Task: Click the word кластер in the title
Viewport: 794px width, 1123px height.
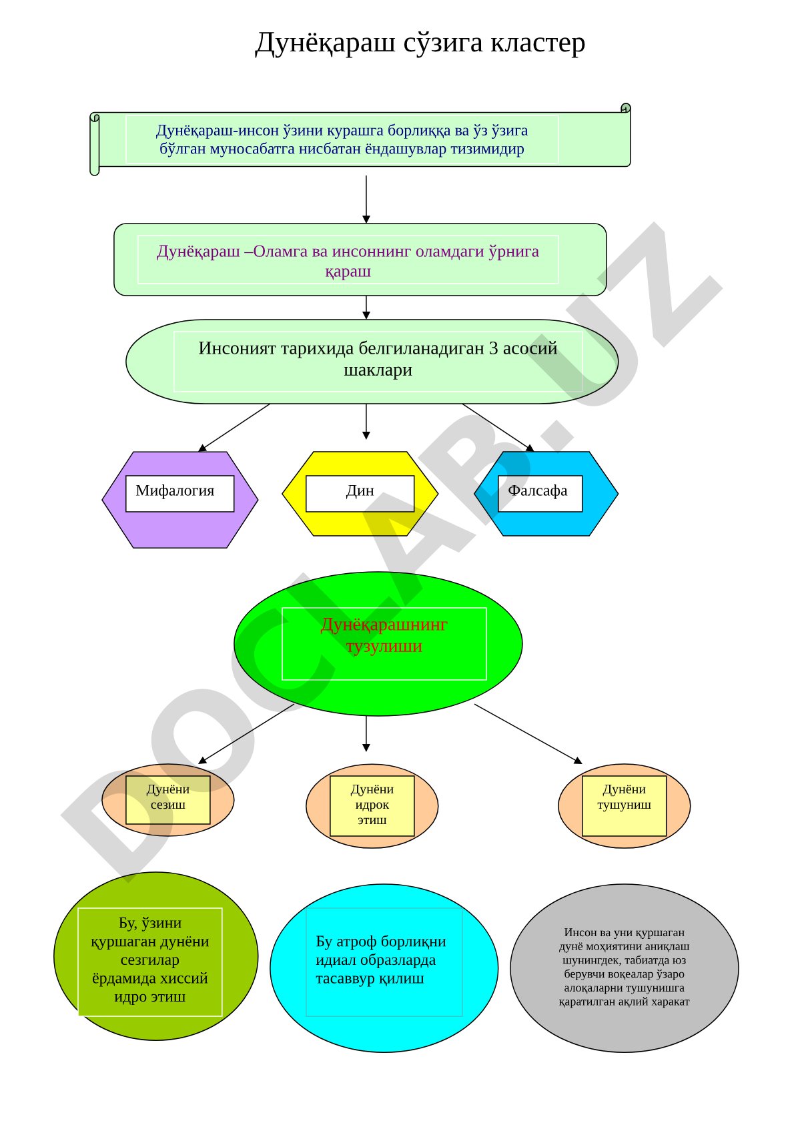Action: (537, 43)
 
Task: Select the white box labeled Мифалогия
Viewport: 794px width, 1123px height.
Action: (179, 493)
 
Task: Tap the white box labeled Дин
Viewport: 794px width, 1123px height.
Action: (360, 493)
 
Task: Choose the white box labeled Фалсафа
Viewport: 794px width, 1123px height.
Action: (540, 493)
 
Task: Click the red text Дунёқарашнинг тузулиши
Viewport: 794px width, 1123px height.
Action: (384, 635)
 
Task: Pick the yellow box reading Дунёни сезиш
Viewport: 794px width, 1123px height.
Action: (168, 799)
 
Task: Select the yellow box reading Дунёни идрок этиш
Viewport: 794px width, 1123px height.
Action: (372, 805)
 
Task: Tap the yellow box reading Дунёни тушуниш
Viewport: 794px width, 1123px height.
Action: (624, 805)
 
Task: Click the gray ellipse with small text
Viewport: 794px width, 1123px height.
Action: (624, 968)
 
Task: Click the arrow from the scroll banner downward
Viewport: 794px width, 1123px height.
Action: (366, 199)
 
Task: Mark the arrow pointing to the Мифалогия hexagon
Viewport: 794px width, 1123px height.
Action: (234, 428)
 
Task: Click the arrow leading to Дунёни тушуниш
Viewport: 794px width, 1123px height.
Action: (528, 734)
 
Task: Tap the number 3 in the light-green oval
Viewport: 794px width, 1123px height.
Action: (492, 348)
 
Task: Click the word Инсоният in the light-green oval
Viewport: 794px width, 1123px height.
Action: (237, 348)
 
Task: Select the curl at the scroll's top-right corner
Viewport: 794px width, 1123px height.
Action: (626, 108)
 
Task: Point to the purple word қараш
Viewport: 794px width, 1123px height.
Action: (348, 272)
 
